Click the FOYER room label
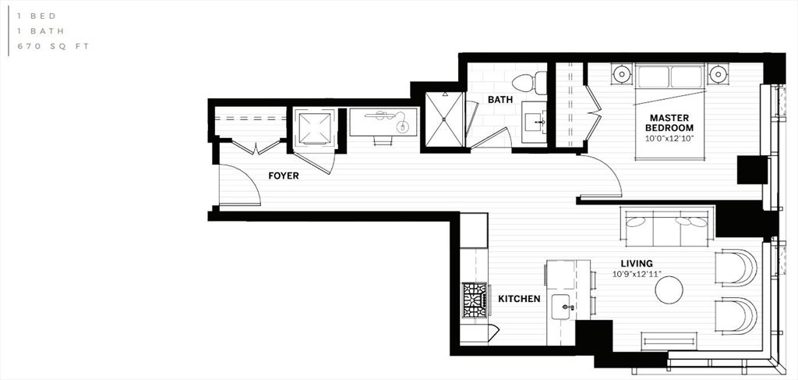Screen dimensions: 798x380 pyautogui.click(x=284, y=176)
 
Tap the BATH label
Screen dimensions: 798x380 pyautogui.click(x=500, y=99)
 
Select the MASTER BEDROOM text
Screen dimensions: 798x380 pyautogui.click(x=669, y=123)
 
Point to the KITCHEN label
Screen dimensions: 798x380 pyautogui.click(x=519, y=299)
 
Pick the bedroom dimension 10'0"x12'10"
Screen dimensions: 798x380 pyautogui.click(x=669, y=138)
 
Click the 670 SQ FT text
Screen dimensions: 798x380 pyautogui.click(x=54, y=46)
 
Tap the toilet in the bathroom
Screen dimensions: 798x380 pyautogui.click(x=529, y=83)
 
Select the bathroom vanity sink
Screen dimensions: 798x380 pyautogui.click(x=534, y=122)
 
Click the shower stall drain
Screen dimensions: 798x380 pyautogui.click(x=444, y=119)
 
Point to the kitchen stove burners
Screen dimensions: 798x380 pyautogui.click(x=475, y=300)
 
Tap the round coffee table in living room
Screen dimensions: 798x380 pyautogui.click(x=669, y=289)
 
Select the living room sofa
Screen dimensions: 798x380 pyautogui.click(x=667, y=227)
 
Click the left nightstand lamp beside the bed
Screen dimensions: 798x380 pyautogui.click(x=622, y=74)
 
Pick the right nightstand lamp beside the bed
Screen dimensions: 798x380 pyautogui.click(x=718, y=74)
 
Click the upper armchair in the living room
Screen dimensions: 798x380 pyautogui.click(x=736, y=268)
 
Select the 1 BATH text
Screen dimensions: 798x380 pyautogui.click(x=41, y=31)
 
